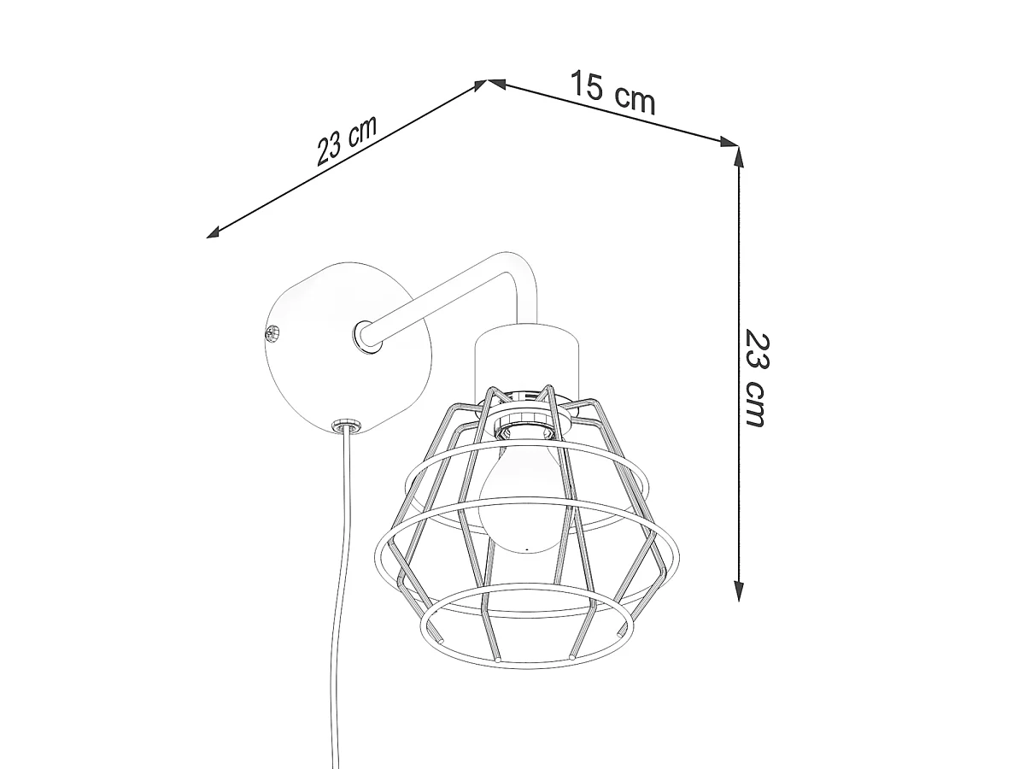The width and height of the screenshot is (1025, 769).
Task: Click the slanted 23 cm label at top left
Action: point(346,140)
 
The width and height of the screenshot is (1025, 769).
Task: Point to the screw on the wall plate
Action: point(272,333)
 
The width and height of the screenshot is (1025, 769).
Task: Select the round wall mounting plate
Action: point(347,348)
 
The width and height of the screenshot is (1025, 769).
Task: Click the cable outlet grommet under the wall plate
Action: point(346,426)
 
